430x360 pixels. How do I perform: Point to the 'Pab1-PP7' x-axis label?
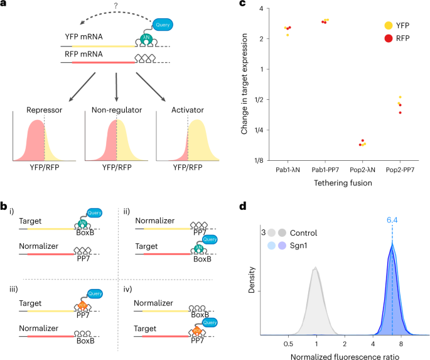(325, 172)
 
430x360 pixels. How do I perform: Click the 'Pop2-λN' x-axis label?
(362, 172)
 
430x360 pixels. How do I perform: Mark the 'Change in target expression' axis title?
(245, 84)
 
